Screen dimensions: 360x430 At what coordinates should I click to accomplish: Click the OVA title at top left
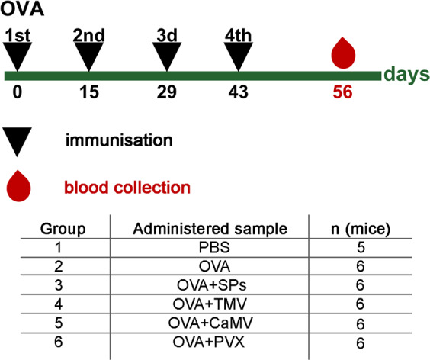(21, 11)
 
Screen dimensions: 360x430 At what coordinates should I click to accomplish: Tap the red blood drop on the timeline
(344, 54)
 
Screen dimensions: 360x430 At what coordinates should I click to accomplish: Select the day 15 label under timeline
(91, 92)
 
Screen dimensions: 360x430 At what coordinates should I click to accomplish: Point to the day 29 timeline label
(167, 92)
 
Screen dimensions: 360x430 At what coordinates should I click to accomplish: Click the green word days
(406, 75)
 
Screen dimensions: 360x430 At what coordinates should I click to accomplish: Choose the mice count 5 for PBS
(361, 249)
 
